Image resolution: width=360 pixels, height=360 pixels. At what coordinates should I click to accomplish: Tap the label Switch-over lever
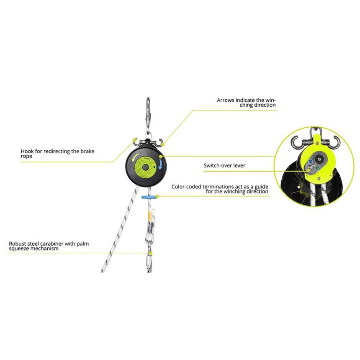224,165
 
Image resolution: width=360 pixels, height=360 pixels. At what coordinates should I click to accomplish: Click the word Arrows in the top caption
225,100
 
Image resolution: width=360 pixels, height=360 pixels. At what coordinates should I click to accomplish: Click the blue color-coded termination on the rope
149,196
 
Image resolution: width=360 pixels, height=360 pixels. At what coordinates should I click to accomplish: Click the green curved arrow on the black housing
134,159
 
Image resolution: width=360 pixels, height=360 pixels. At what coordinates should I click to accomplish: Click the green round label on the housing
146,166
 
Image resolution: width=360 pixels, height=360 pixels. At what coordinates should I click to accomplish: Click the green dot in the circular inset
319,169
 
